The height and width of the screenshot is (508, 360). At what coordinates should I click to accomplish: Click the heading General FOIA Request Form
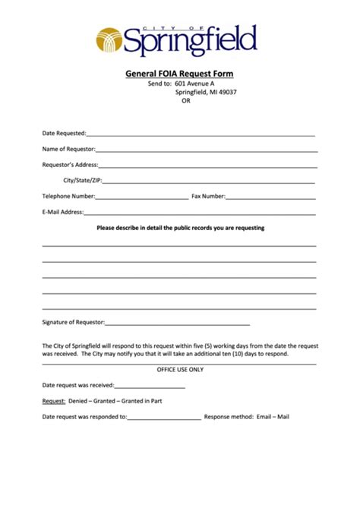pyautogui.click(x=179, y=74)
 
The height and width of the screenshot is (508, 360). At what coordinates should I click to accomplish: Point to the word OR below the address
pyautogui.click(x=186, y=101)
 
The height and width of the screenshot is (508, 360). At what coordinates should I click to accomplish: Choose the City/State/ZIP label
pyautogui.click(x=82, y=181)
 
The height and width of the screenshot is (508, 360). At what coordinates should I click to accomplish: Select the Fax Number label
pyautogui.click(x=208, y=196)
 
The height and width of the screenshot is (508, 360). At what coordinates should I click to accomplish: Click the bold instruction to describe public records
pyautogui.click(x=180, y=228)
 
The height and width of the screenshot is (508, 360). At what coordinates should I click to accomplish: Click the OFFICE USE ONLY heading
pyautogui.click(x=180, y=369)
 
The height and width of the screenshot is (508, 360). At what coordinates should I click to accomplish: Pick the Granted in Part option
pyautogui.click(x=142, y=400)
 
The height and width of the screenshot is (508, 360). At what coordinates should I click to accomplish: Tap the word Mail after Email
pyautogui.click(x=283, y=416)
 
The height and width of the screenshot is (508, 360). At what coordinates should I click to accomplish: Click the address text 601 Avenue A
pyautogui.click(x=194, y=84)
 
